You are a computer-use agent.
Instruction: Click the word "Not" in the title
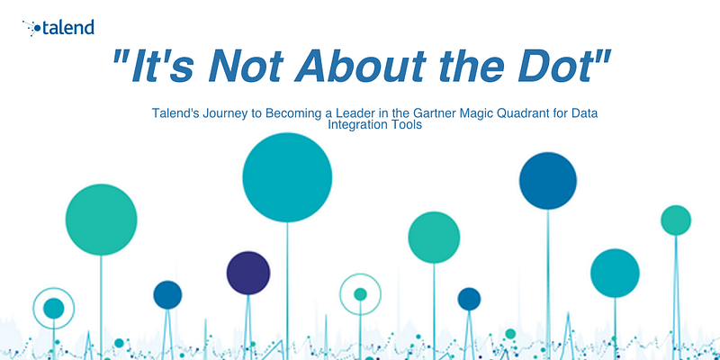click(x=244, y=66)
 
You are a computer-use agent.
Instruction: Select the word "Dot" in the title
click(x=557, y=66)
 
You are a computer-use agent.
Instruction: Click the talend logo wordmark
click(x=68, y=28)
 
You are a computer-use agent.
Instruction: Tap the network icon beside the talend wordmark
click(x=31, y=28)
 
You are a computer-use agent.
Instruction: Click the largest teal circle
click(x=287, y=177)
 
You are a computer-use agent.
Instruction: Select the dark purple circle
click(x=248, y=273)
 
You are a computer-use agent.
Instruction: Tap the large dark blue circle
click(x=548, y=181)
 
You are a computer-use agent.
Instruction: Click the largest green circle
click(x=101, y=220)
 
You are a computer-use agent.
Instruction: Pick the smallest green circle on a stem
click(x=676, y=220)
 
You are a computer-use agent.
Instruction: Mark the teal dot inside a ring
click(x=54, y=308)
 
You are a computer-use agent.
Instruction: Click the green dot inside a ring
click(x=361, y=294)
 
